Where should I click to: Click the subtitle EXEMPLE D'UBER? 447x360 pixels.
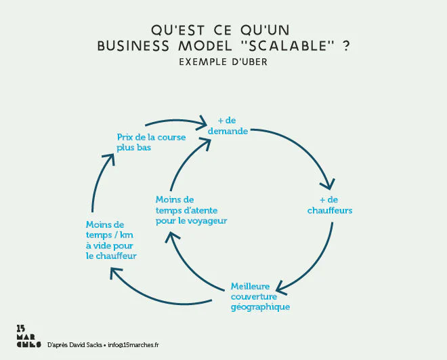pos(223,62)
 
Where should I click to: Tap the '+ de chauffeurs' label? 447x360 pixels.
pos(330,205)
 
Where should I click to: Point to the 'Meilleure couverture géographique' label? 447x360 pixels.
pos(260,296)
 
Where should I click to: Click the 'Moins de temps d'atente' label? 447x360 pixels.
pos(191,210)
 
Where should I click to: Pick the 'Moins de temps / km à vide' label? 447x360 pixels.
pos(111,240)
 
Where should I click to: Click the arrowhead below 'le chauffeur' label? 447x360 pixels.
pos(115,273)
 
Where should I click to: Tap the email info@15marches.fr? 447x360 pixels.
pos(133,344)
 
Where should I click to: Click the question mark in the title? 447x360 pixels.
pos(346,46)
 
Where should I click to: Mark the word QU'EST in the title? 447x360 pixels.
pos(173,30)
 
